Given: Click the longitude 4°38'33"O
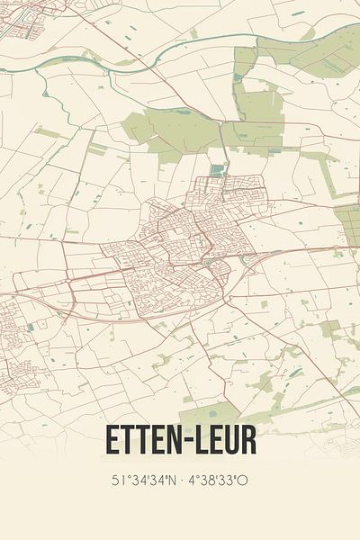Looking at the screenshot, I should click(220, 481).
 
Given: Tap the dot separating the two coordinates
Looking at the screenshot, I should click(181, 481).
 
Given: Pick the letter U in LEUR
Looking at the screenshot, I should click(230, 440).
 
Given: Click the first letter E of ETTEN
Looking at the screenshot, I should click(113, 440).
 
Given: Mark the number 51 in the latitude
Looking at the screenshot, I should click(117, 481).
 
